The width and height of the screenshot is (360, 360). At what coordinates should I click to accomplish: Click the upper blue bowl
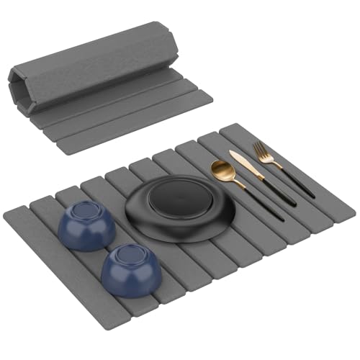[86, 227]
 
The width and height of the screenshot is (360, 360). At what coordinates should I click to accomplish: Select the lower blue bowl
[129, 271]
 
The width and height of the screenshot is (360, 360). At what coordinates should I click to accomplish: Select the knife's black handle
[279, 190]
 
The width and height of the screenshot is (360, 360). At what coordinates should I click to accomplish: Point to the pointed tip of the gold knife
[232, 152]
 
